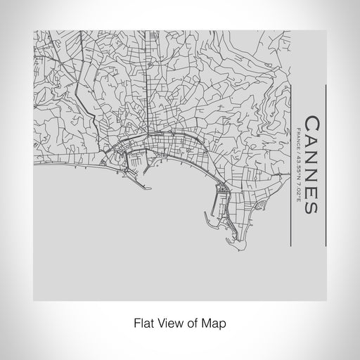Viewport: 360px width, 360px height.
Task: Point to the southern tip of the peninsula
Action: click(231, 245)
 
